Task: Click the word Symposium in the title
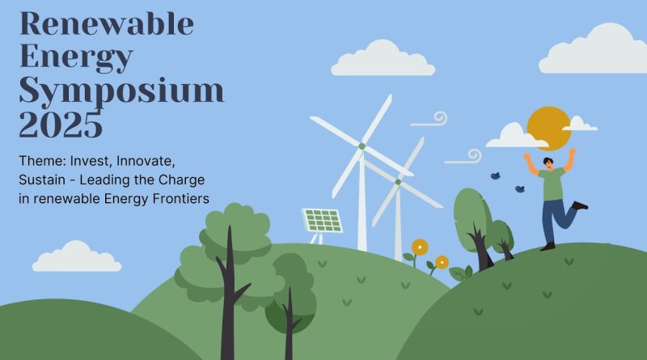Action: tap(121, 91)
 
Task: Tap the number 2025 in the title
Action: tap(61, 125)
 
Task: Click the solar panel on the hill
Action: tap(322, 220)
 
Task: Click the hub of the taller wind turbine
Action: tap(362, 146)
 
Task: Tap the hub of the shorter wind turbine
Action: tap(397, 182)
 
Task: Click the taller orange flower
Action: tap(419, 245)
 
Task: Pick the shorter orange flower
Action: tap(442, 262)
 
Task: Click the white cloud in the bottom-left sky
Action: tap(77, 257)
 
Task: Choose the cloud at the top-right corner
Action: tap(594, 50)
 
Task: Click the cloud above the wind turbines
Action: tap(383, 59)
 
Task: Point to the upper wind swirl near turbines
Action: tap(430, 121)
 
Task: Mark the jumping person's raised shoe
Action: tap(581, 205)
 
